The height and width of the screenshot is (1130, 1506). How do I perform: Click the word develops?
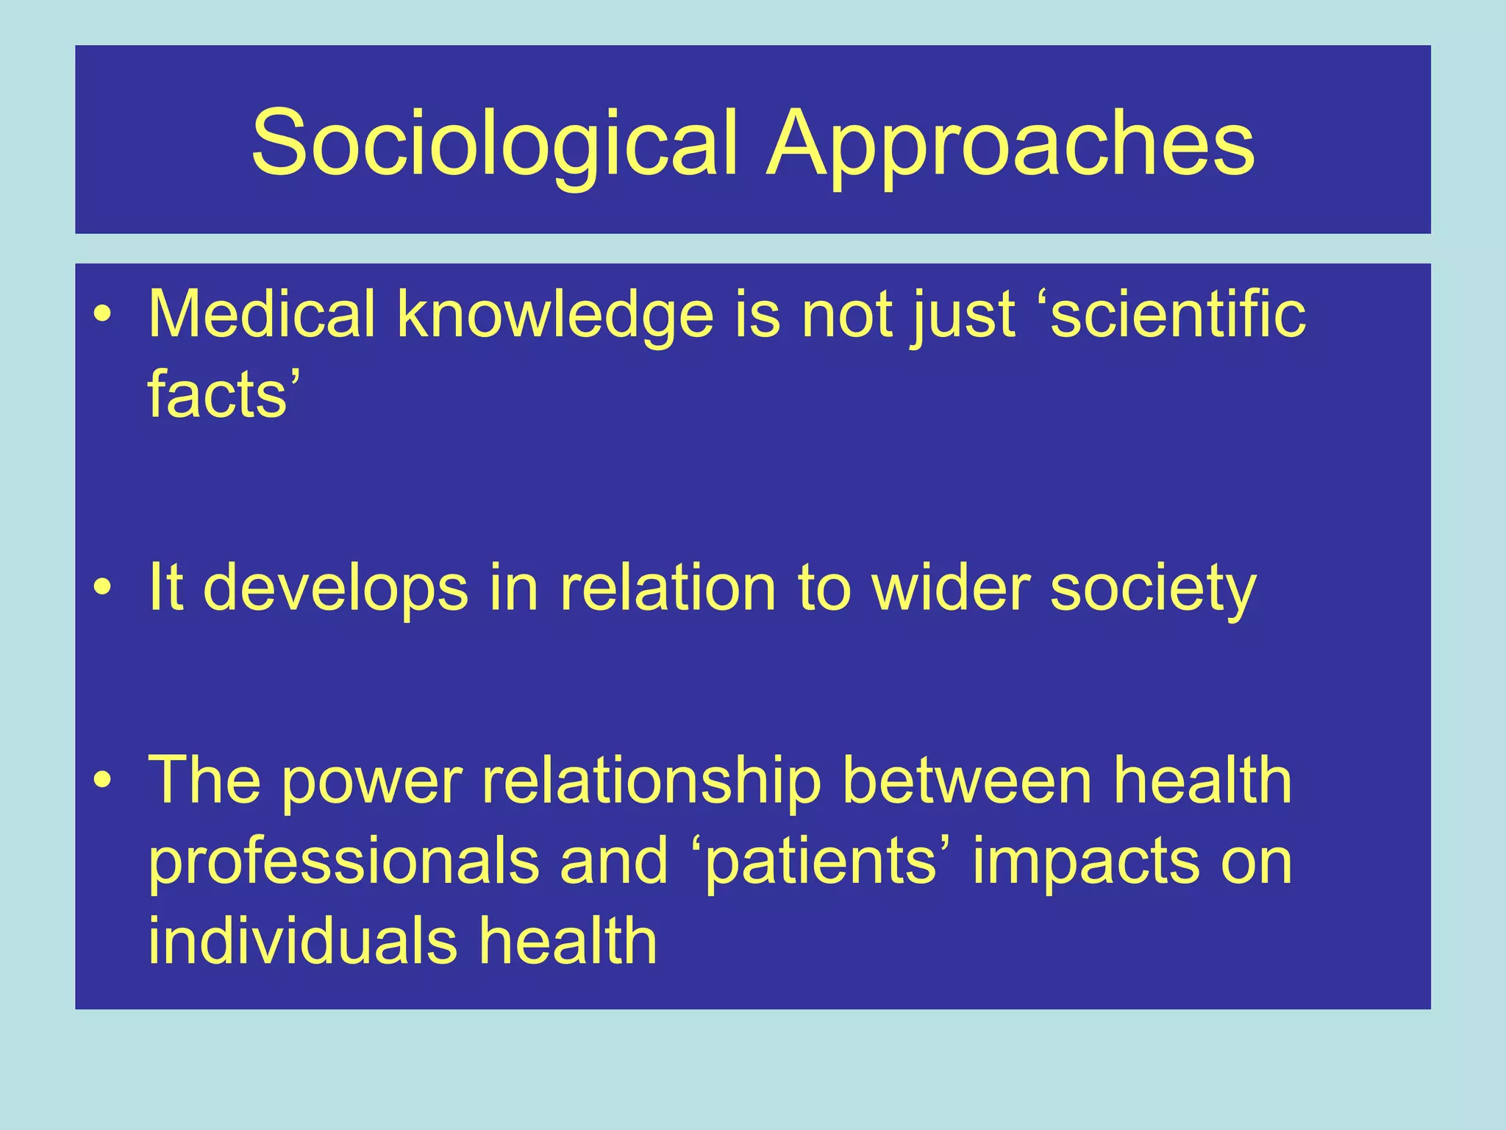[335, 589]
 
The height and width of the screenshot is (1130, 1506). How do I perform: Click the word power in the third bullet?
[372, 781]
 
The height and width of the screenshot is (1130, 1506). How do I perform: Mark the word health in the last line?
[568, 941]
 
